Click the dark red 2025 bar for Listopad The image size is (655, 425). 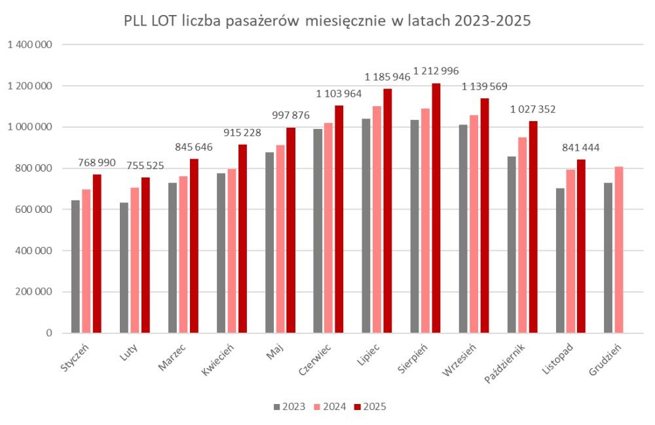(581, 246)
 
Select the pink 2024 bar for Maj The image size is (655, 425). (280, 239)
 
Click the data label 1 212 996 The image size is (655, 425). (436, 71)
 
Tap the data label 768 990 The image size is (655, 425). (97, 162)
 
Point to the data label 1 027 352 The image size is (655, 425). (533, 109)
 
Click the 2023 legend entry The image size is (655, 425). (289, 407)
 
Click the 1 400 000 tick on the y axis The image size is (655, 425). (31, 45)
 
